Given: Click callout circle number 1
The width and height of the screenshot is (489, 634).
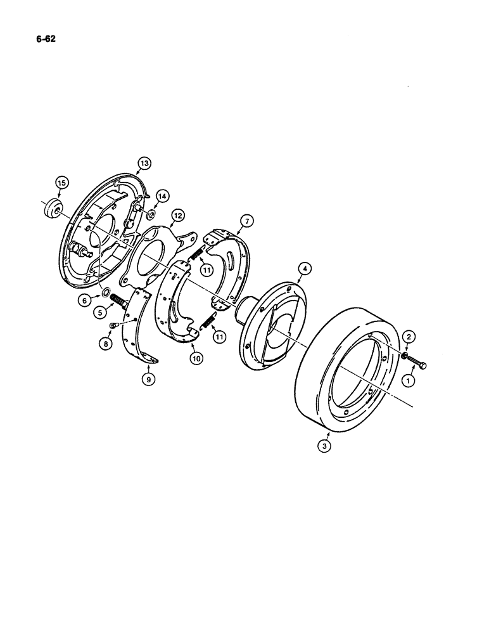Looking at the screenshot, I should pos(407,380).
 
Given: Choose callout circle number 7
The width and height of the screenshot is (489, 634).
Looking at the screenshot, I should pos(246,221).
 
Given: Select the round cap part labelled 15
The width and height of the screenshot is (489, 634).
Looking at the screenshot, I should pos(51,209).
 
